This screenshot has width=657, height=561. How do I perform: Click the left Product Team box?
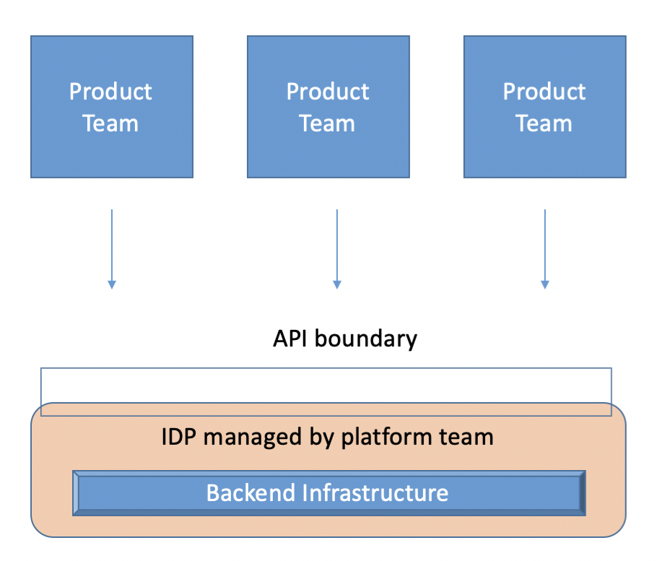[x=112, y=107]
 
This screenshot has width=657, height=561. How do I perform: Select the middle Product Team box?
[x=328, y=107]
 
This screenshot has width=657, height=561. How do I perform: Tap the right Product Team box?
[x=544, y=107]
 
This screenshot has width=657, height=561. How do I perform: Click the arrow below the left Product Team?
[x=112, y=245]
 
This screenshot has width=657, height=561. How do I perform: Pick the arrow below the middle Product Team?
[x=336, y=245]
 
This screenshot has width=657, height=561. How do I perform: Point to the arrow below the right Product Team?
[x=544, y=245]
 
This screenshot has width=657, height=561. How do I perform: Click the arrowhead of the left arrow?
[x=112, y=284]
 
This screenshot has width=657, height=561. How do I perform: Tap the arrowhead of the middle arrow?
[x=336, y=284]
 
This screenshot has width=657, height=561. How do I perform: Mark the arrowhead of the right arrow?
[x=544, y=284]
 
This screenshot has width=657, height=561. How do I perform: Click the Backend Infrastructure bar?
[x=328, y=493]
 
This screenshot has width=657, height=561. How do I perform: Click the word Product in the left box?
[x=110, y=92]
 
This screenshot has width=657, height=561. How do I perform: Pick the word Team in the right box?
[x=544, y=123]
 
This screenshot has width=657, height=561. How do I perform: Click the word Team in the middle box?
[x=328, y=123]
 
